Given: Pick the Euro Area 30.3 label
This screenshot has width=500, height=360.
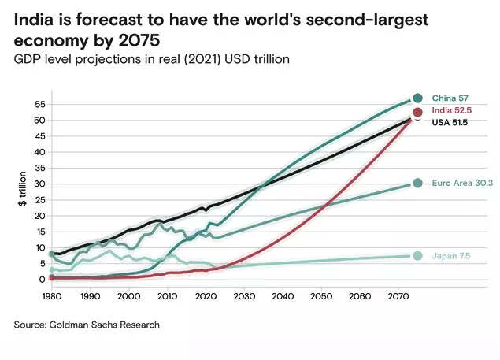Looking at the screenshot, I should click(462, 184).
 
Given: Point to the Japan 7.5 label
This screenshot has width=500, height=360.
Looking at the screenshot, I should click(451, 256).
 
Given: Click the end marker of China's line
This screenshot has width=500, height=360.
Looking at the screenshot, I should click(417, 98).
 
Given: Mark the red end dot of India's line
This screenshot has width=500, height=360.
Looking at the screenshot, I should click(418, 113).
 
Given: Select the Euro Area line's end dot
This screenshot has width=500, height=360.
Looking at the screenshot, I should click(417, 184).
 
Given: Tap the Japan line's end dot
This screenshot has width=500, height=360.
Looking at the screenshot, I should click(417, 256).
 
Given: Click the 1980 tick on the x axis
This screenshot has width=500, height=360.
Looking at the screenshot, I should click(53, 296).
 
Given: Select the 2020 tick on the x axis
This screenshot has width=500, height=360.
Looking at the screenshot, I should click(205, 296).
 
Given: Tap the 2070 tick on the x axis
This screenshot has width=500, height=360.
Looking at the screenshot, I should click(397, 296).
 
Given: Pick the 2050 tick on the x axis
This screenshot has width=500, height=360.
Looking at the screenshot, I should click(320, 296).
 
